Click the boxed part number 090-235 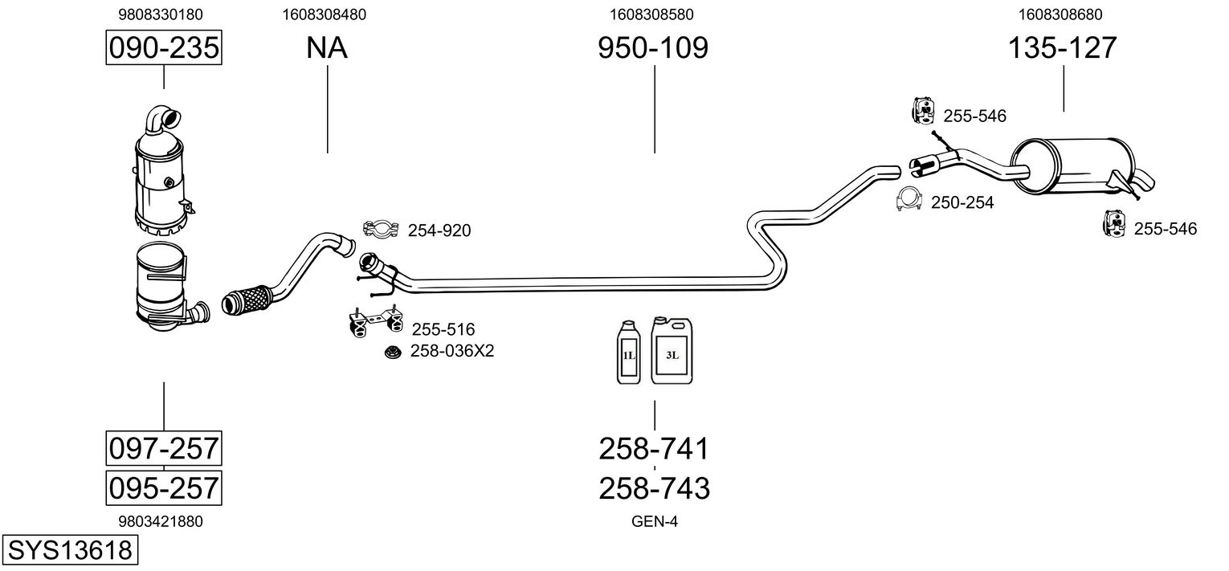(x=164, y=48)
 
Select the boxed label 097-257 (x=164, y=447)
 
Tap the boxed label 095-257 (x=164, y=487)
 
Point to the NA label (x=327, y=48)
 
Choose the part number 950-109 (x=653, y=48)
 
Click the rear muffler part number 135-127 (x=1063, y=48)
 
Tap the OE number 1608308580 (x=652, y=14)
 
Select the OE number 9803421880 (x=161, y=521)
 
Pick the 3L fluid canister (x=672, y=349)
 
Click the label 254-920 (x=439, y=231)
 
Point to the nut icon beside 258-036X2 (x=392, y=352)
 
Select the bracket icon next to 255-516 (x=374, y=323)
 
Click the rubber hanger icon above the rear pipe (x=924, y=111)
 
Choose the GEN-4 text (x=655, y=521)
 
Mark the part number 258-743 (x=654, y=487)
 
